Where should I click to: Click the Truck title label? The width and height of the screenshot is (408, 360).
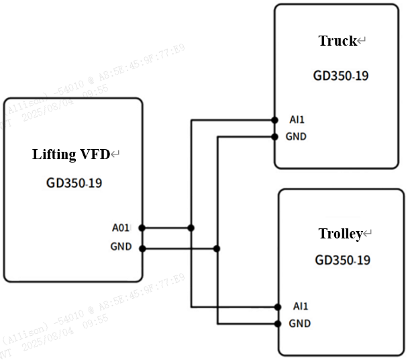337,42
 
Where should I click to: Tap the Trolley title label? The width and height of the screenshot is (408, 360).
340,234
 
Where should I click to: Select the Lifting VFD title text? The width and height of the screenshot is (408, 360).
71,154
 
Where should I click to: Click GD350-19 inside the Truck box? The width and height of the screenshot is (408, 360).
340,75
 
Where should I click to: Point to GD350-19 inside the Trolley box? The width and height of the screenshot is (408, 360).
342,260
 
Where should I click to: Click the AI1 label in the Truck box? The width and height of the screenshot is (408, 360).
297,120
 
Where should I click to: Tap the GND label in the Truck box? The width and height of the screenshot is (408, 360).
296,136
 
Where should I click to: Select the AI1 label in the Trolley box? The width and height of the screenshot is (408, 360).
301,306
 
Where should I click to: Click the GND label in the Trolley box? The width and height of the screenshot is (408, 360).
299,323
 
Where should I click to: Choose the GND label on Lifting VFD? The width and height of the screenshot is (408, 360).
121,246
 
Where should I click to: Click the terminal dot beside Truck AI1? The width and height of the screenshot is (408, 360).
275,120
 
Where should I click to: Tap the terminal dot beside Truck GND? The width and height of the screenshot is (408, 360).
275,136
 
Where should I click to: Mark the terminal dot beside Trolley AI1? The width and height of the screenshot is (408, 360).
278,307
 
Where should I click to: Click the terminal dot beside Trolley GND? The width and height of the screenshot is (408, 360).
278,324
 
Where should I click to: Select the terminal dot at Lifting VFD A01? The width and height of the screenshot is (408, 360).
142,228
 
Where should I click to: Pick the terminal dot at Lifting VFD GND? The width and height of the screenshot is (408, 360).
142,249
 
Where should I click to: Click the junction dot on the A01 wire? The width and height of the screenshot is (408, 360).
191,228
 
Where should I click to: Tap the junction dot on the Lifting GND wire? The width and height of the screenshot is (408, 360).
216,249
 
